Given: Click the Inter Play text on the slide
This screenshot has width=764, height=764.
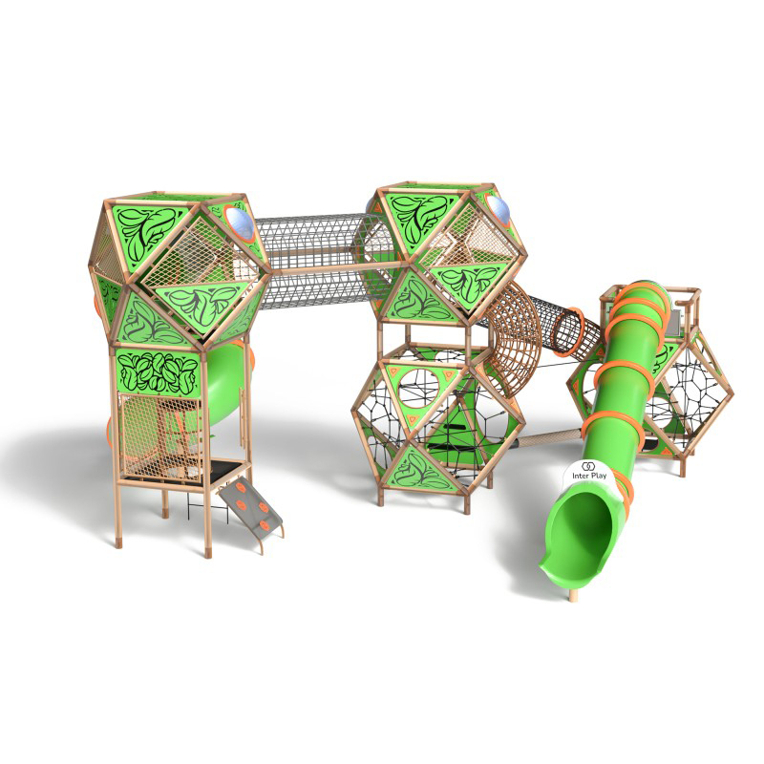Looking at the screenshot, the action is coord(589,476).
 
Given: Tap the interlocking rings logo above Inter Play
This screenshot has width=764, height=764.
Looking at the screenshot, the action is coord(588,466).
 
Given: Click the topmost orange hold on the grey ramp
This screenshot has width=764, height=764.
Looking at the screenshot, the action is coord(240,485).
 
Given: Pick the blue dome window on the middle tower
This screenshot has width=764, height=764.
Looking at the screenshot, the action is coord(498,210).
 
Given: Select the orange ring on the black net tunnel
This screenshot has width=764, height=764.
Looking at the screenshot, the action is coord(569,331).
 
